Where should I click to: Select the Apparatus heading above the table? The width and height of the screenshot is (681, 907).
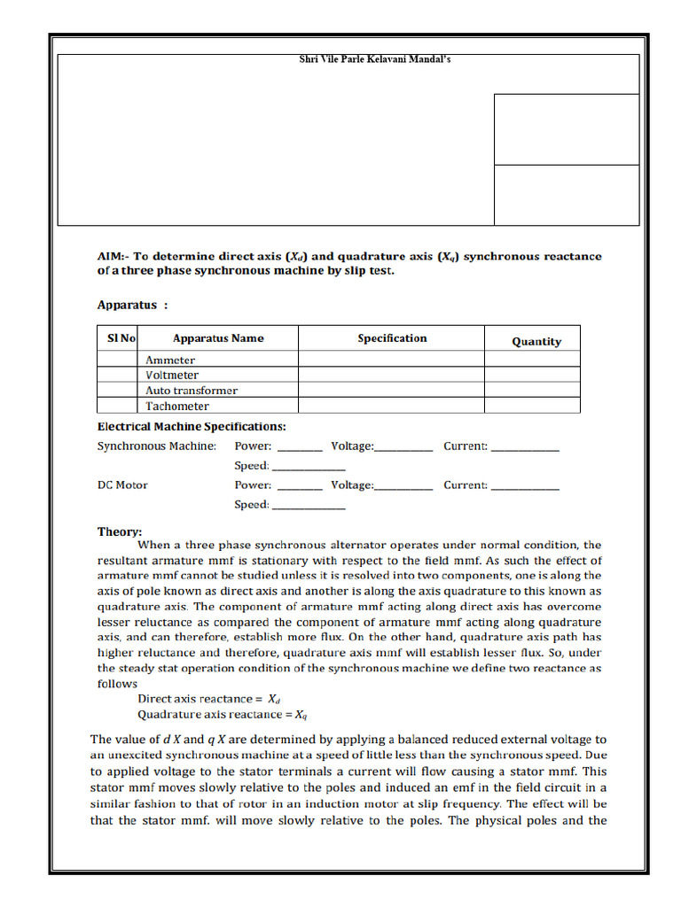point(131,305)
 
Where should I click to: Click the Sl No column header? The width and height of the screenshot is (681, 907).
point(121,338)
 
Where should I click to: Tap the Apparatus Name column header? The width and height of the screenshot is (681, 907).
point(218,338)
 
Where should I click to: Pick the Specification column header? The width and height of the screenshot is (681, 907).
point(392,338)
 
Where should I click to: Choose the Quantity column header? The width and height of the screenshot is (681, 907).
point(536,341)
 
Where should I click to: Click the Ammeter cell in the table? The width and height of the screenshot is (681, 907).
point(170,360)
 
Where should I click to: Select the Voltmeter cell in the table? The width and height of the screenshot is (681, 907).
point(172,376)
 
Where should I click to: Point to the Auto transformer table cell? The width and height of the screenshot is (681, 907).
point(192,391)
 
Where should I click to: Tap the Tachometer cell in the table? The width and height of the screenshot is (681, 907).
point(177,407)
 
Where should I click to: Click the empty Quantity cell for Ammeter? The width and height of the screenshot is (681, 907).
point(532,360)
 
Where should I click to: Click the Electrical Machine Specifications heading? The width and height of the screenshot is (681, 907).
point(191,426)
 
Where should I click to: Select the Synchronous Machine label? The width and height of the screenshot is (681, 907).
point(156,446)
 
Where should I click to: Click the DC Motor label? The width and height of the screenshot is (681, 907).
point(122,485)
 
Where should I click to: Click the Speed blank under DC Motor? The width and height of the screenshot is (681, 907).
point(308,507)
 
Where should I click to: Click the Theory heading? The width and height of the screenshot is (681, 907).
point(119,531)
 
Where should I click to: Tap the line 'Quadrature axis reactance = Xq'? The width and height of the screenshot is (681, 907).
point(222,714)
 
